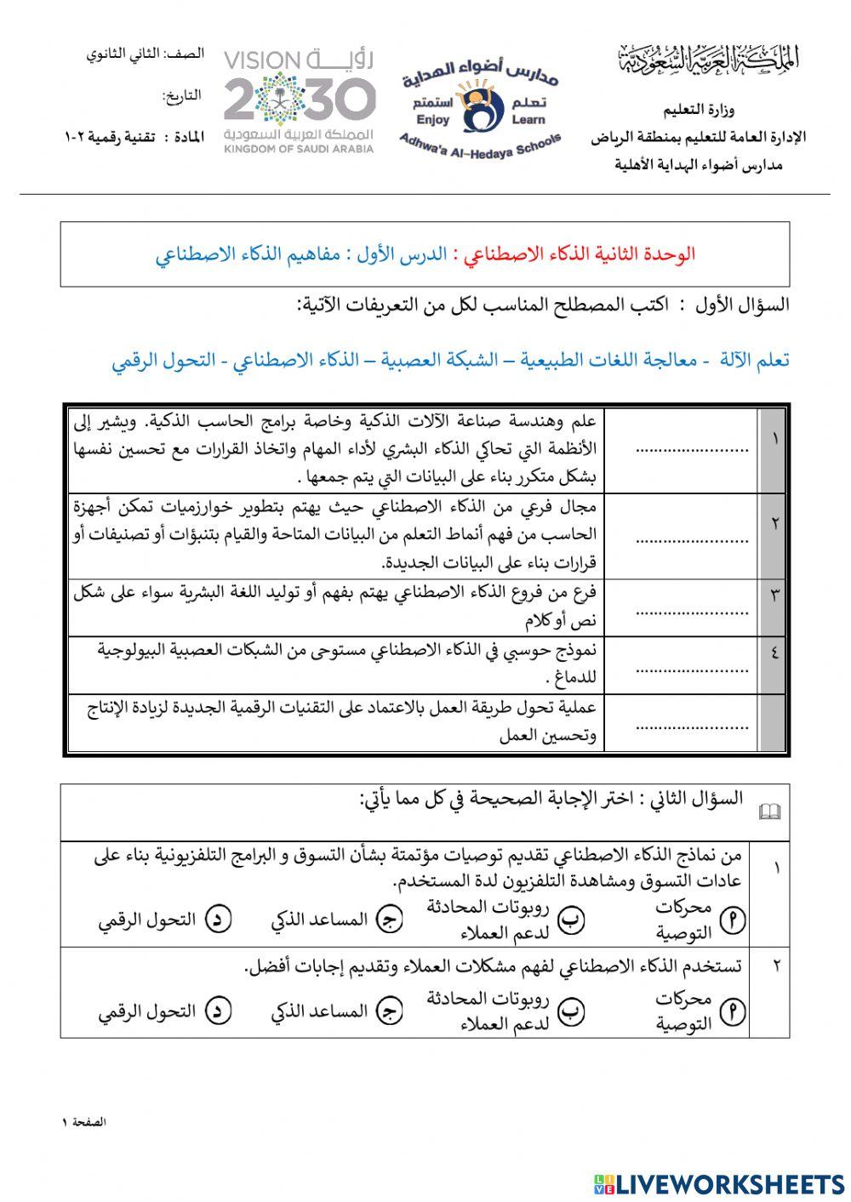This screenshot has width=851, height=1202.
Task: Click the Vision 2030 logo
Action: pos(300,100)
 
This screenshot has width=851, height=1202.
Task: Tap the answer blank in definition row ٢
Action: pos(692,538)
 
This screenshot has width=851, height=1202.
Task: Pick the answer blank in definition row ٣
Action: pos(692,609)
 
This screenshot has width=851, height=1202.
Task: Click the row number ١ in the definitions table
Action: pos(774,439)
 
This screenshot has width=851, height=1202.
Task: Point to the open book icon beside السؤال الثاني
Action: pos(768,812)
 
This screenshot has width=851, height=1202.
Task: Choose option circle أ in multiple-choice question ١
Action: pos(733,920)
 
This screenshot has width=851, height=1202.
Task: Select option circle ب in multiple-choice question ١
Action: pos(571,920)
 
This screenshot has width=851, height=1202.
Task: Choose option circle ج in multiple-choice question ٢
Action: pos(390,1011)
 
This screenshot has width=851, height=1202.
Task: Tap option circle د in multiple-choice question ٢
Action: pos(219,1011)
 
